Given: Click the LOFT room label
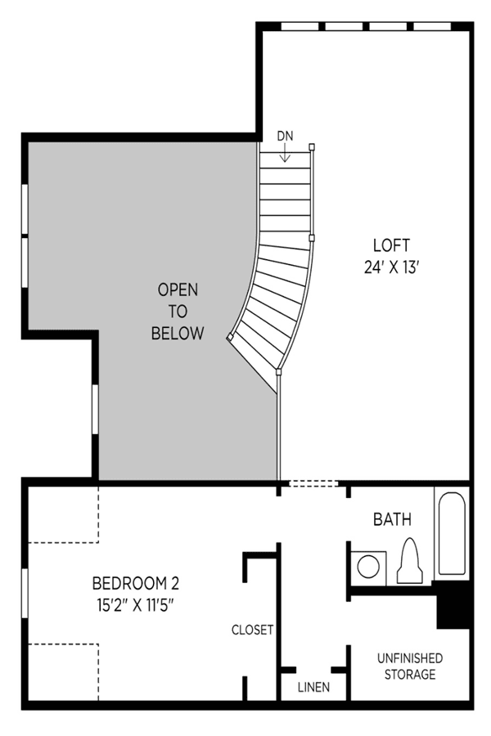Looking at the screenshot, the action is [x=391, y=245].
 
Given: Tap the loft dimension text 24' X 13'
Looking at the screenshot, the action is [x=391, y=267].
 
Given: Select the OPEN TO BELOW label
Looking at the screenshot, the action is [x=178, y=312].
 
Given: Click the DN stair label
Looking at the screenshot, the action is [x=285, y=136].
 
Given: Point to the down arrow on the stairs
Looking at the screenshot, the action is [x=285, y=153].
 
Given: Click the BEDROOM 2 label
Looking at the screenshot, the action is [x=135, y=583].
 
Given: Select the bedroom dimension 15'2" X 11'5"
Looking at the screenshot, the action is [x=135, y=605].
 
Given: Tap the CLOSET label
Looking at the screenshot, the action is [x=252, y=630].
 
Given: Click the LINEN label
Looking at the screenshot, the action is [x=314, y=687].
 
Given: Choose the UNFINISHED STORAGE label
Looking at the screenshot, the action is [x=410, y=666].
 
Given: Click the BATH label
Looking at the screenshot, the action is [x=392, y=519].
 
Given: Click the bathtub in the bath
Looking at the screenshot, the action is [x=452, y=533].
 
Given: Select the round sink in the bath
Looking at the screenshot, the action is [x=368, y=567].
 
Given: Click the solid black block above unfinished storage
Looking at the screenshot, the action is [x=453, y=604].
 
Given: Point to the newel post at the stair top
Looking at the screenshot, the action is [x=312, y=147].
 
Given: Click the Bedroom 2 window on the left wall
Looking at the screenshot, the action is [x=25, y=594].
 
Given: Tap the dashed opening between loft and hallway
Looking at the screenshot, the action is [x=313, y=483].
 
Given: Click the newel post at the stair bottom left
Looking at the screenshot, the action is [x=230, y=337].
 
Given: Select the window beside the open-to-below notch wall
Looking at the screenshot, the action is [x=95, y=409].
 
